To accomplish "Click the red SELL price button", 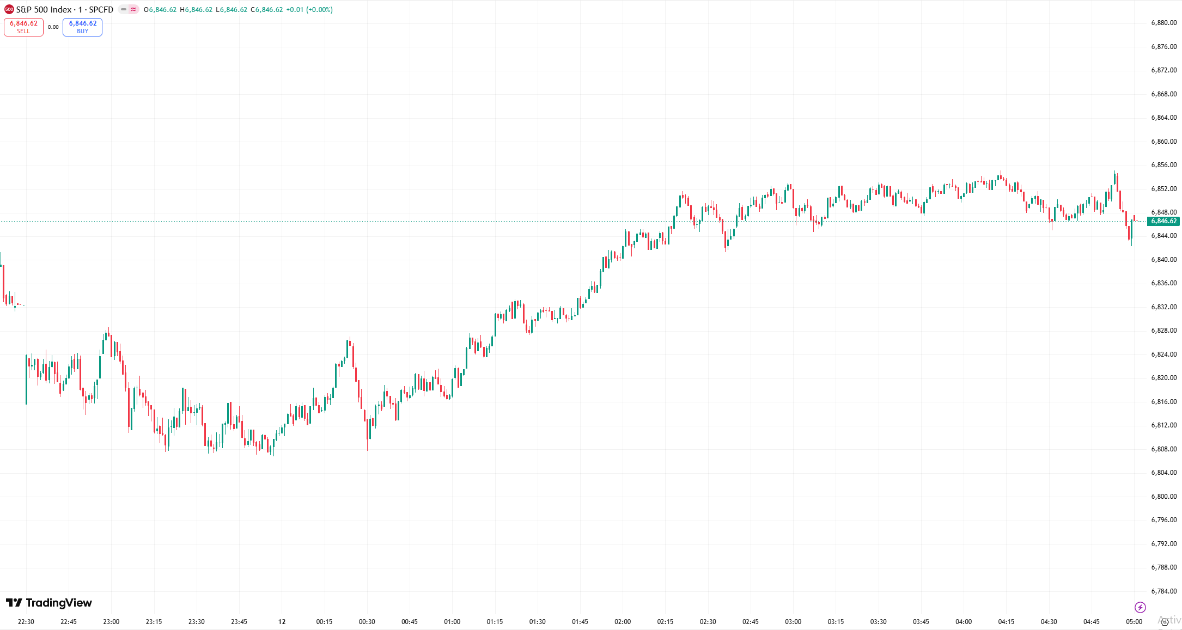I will tap(23, 27).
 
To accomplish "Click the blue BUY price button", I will tap(82, 27).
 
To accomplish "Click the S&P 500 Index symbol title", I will tap(64, 10).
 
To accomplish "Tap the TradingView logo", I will tap(49, 603).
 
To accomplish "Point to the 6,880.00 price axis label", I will tap(1163, 23).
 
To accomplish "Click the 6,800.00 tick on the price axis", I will tap(1163, 497).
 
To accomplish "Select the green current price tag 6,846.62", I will tap(1163, 221).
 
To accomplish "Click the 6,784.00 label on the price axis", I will tap(1163, 591).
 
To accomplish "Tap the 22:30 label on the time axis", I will tap(26, 622).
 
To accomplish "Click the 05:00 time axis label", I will tap(1134, 622).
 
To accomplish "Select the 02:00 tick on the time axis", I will tap(623, 622).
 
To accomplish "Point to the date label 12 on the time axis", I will tap(282, 622).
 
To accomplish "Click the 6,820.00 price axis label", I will tap(1163, 378).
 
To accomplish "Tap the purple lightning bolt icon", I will tap(1140, 607).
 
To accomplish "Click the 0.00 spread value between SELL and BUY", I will tap(53, 27).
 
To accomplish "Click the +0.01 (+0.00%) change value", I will tap(309, 10).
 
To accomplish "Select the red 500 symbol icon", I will tap(9, 10).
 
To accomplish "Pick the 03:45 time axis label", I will tap(921, 622).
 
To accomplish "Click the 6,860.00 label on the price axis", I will tap(1163, 142).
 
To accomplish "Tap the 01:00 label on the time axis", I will tap(452, 622).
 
